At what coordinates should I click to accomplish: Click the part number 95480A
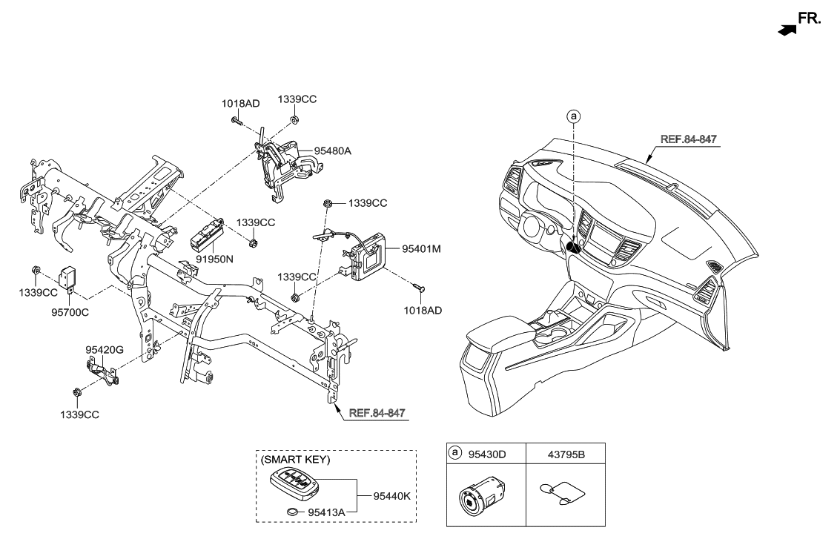point(332,151)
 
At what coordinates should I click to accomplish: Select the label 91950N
point(214,261)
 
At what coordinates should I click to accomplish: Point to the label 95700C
point(70,312)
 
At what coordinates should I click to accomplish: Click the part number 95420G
point(105,348)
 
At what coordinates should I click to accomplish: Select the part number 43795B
point(565,453)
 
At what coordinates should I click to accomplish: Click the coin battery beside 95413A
point(294,512)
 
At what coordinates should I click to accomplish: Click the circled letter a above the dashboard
point(572,116)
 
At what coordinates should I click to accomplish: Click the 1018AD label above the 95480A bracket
point(240,104)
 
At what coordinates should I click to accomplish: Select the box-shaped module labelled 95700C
point(70,279)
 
